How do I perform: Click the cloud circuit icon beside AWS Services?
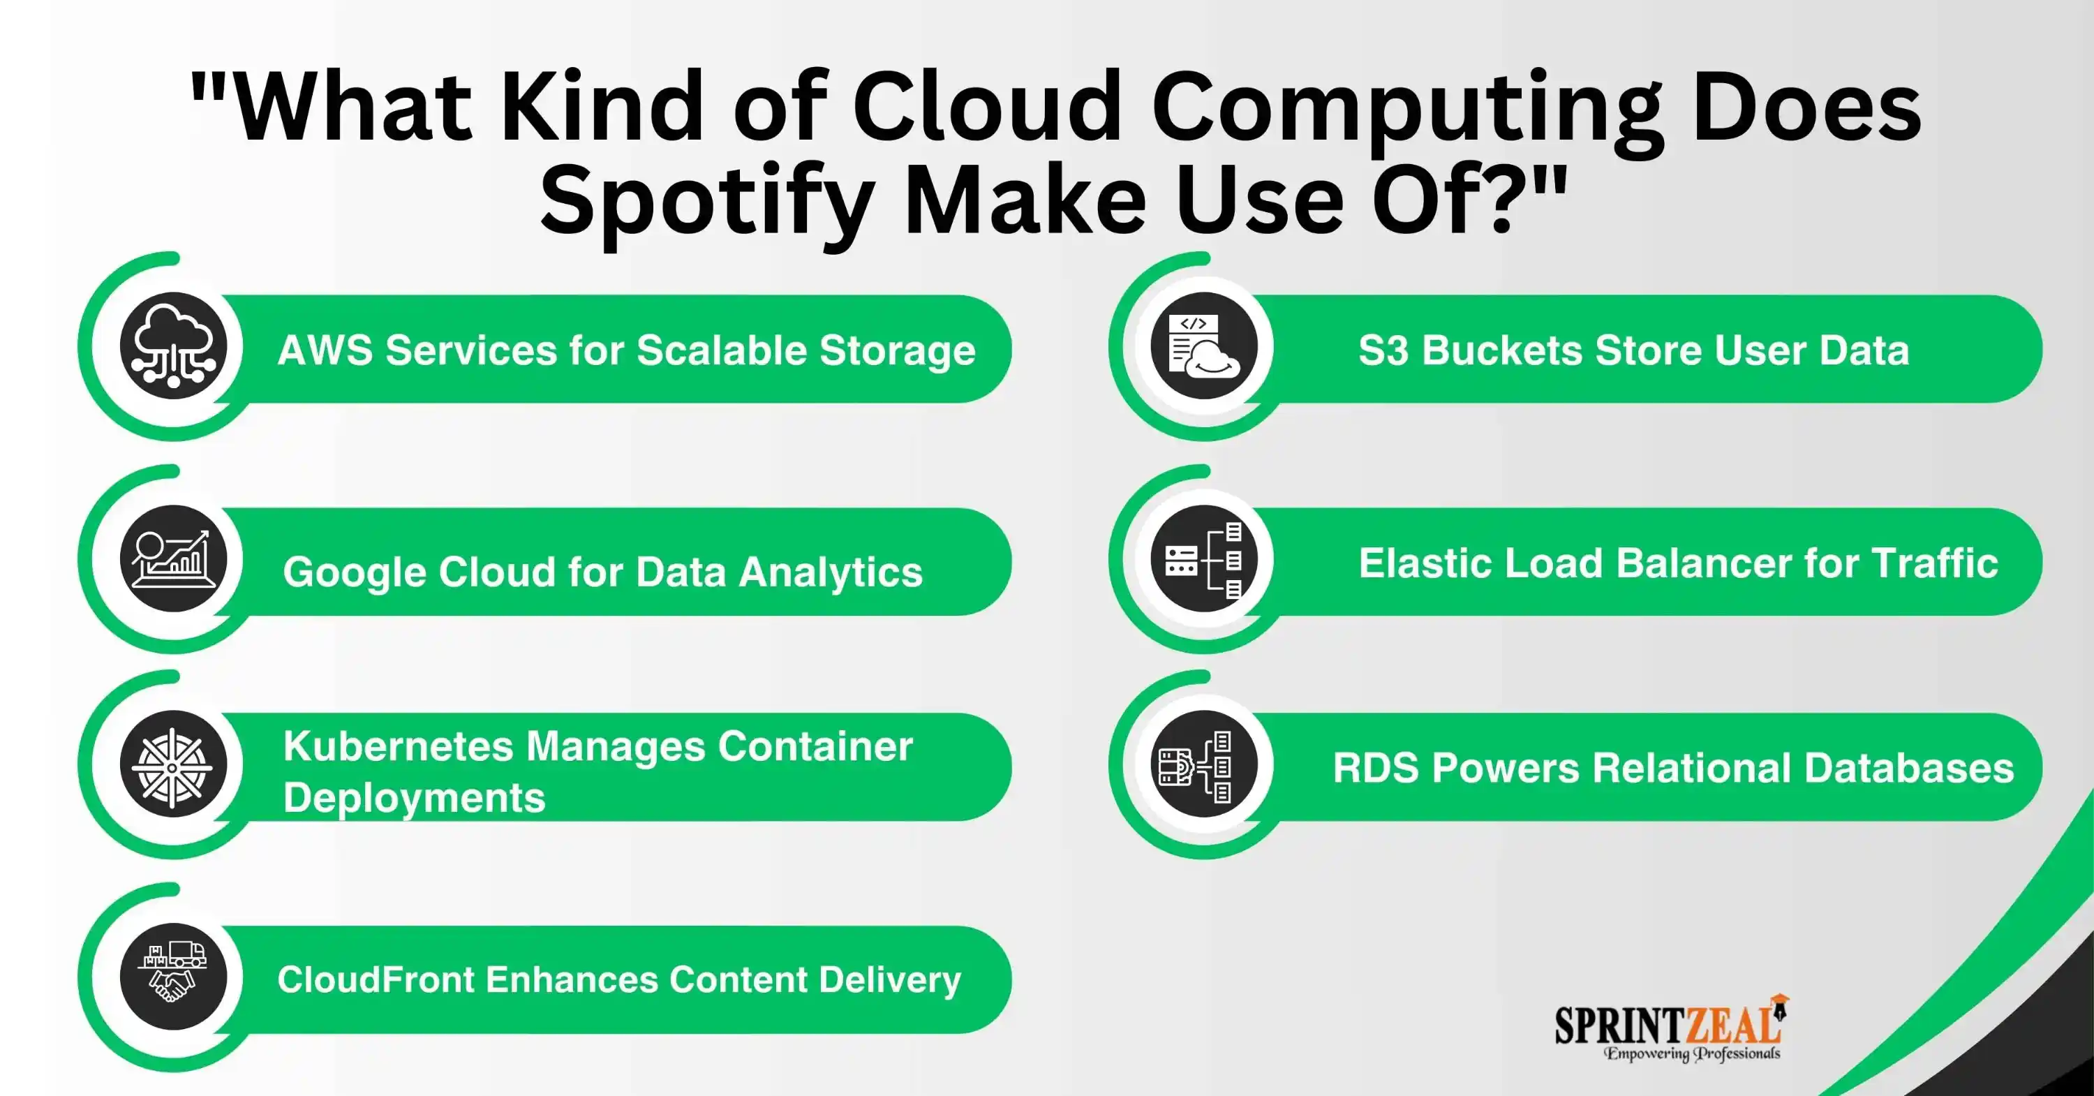point(173,346)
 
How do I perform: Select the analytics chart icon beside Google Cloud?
point(173,558)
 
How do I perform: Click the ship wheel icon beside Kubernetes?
point(173,764)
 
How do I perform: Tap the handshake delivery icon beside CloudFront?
point(173,977)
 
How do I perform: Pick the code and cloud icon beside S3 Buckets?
point(1204,346)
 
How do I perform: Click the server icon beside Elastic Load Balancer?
point(1204,558)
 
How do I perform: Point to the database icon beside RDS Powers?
point(1204,764)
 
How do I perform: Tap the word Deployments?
point(415,799)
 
